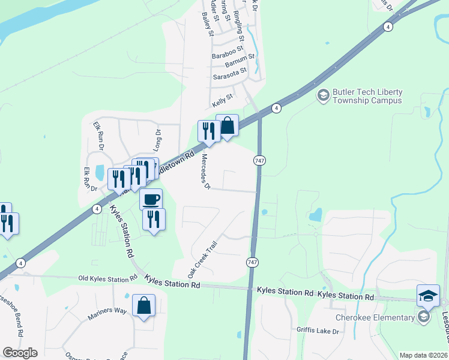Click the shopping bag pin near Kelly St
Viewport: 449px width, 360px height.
(228, 127)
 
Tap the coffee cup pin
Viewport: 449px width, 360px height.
(151, 199)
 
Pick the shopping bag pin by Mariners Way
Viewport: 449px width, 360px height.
(143, 306)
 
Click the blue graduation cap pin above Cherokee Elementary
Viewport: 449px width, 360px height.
(428, 296)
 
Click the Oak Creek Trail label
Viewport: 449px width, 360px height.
(201, 259)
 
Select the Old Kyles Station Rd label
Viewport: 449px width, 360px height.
(108, 279)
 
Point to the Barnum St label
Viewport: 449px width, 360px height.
(240, 61)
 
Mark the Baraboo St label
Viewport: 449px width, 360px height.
(228, 52)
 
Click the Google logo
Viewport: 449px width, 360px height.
(20, 353)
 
